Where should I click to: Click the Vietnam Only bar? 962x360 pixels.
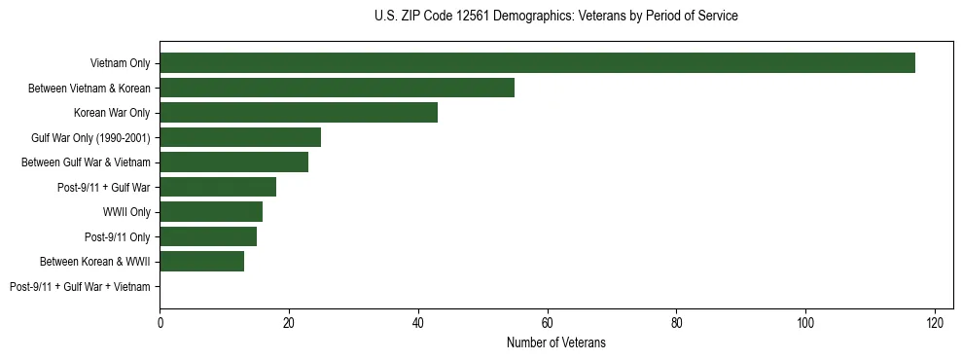(537, 63)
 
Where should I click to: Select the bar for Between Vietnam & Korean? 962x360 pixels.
(337, 88)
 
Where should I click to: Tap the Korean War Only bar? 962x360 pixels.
(299, 113)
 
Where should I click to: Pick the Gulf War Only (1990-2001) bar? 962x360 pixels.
(240, 137)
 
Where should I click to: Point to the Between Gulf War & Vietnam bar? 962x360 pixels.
(233, 162)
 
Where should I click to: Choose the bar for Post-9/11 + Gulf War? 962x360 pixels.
(218, 187)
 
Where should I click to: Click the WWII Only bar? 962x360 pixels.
(211, 212)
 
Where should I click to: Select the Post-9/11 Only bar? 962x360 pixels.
(208, 236)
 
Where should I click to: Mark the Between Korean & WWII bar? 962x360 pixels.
(201, 261)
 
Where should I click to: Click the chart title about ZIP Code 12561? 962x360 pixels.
(555, 17)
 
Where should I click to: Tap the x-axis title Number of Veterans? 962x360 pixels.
(555, 342)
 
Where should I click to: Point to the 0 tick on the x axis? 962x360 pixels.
(160, 322)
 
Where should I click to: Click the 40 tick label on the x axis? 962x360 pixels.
(418, 322)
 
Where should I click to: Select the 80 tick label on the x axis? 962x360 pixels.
(676, 322)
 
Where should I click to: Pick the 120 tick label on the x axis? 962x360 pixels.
(935, 322)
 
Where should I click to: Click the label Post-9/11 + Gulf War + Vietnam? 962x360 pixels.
(80, 286)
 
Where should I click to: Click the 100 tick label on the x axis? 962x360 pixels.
(805, 322)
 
